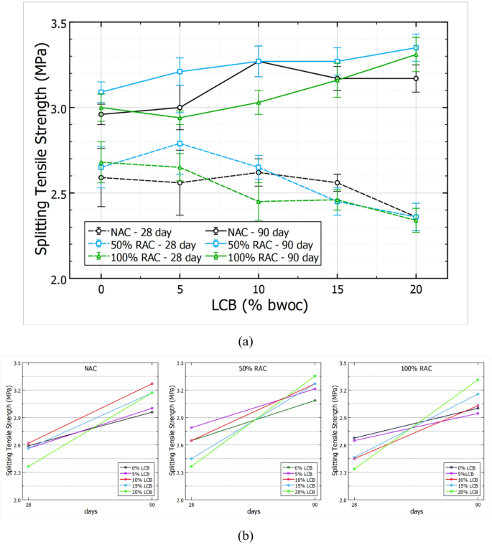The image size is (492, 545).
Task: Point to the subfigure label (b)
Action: [x=246, y=534]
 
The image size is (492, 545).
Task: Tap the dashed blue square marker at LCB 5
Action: [x=180, y=144]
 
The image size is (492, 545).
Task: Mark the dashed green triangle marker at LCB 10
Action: [x=259, y=202]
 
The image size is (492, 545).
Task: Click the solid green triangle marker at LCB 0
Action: [x=101, y=108]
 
